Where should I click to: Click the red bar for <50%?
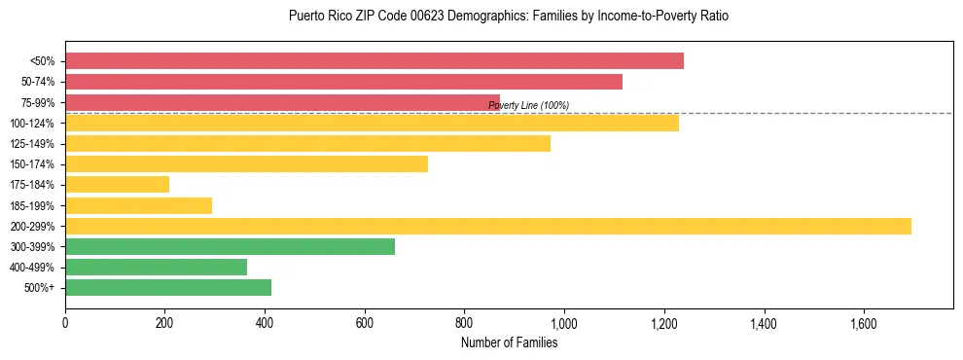(x=374, y=60)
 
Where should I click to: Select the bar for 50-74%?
(x=343, y=82)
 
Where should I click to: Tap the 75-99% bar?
(x=282, y=102)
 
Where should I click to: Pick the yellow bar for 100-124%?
(x=372, y=123)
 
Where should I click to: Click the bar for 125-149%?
(x=307, y=143)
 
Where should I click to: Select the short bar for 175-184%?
(x=117, y=184)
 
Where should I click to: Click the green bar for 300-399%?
(x=230, y=246)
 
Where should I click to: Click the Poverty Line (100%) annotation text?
(x=528, y=105)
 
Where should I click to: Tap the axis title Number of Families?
(x=509, y=342)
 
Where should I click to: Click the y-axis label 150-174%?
(x=32, y=163)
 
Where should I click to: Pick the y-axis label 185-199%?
(x=32, y=205)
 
